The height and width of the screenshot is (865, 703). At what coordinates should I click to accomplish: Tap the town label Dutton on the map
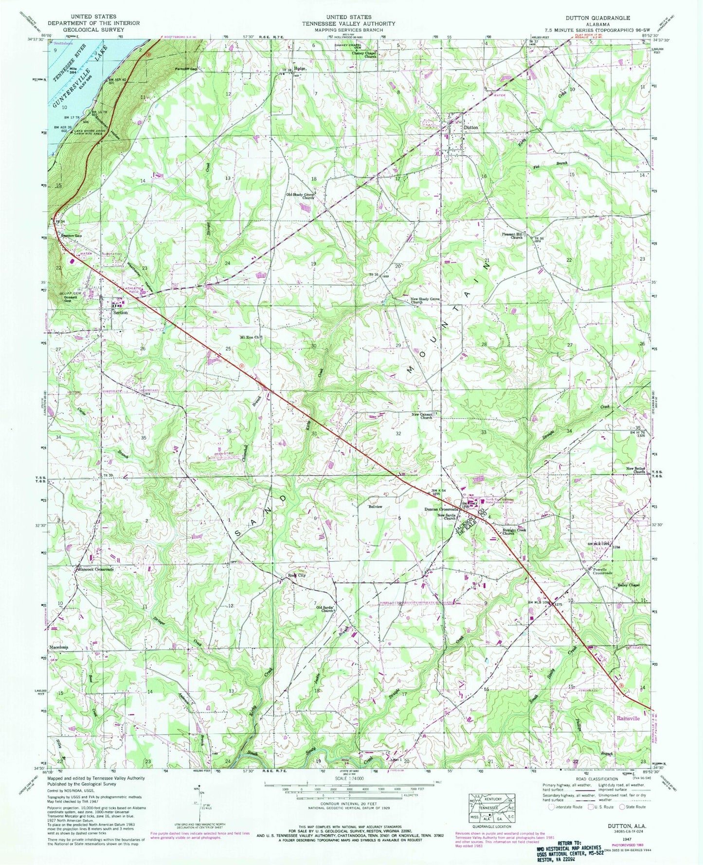[x=471, y=127]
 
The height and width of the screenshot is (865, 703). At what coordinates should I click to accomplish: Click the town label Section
[x=120, y=313]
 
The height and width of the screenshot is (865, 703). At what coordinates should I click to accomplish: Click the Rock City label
[x=296, y=575]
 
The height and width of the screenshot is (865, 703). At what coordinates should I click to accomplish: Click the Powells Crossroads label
[x=602, y=571]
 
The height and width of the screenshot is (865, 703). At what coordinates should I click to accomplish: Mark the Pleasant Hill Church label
[x=513, y=236]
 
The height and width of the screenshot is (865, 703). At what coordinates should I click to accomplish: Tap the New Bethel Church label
[x=636, y=470]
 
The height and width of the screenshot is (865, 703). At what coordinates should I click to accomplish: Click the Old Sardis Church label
[x=325, y=608]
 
